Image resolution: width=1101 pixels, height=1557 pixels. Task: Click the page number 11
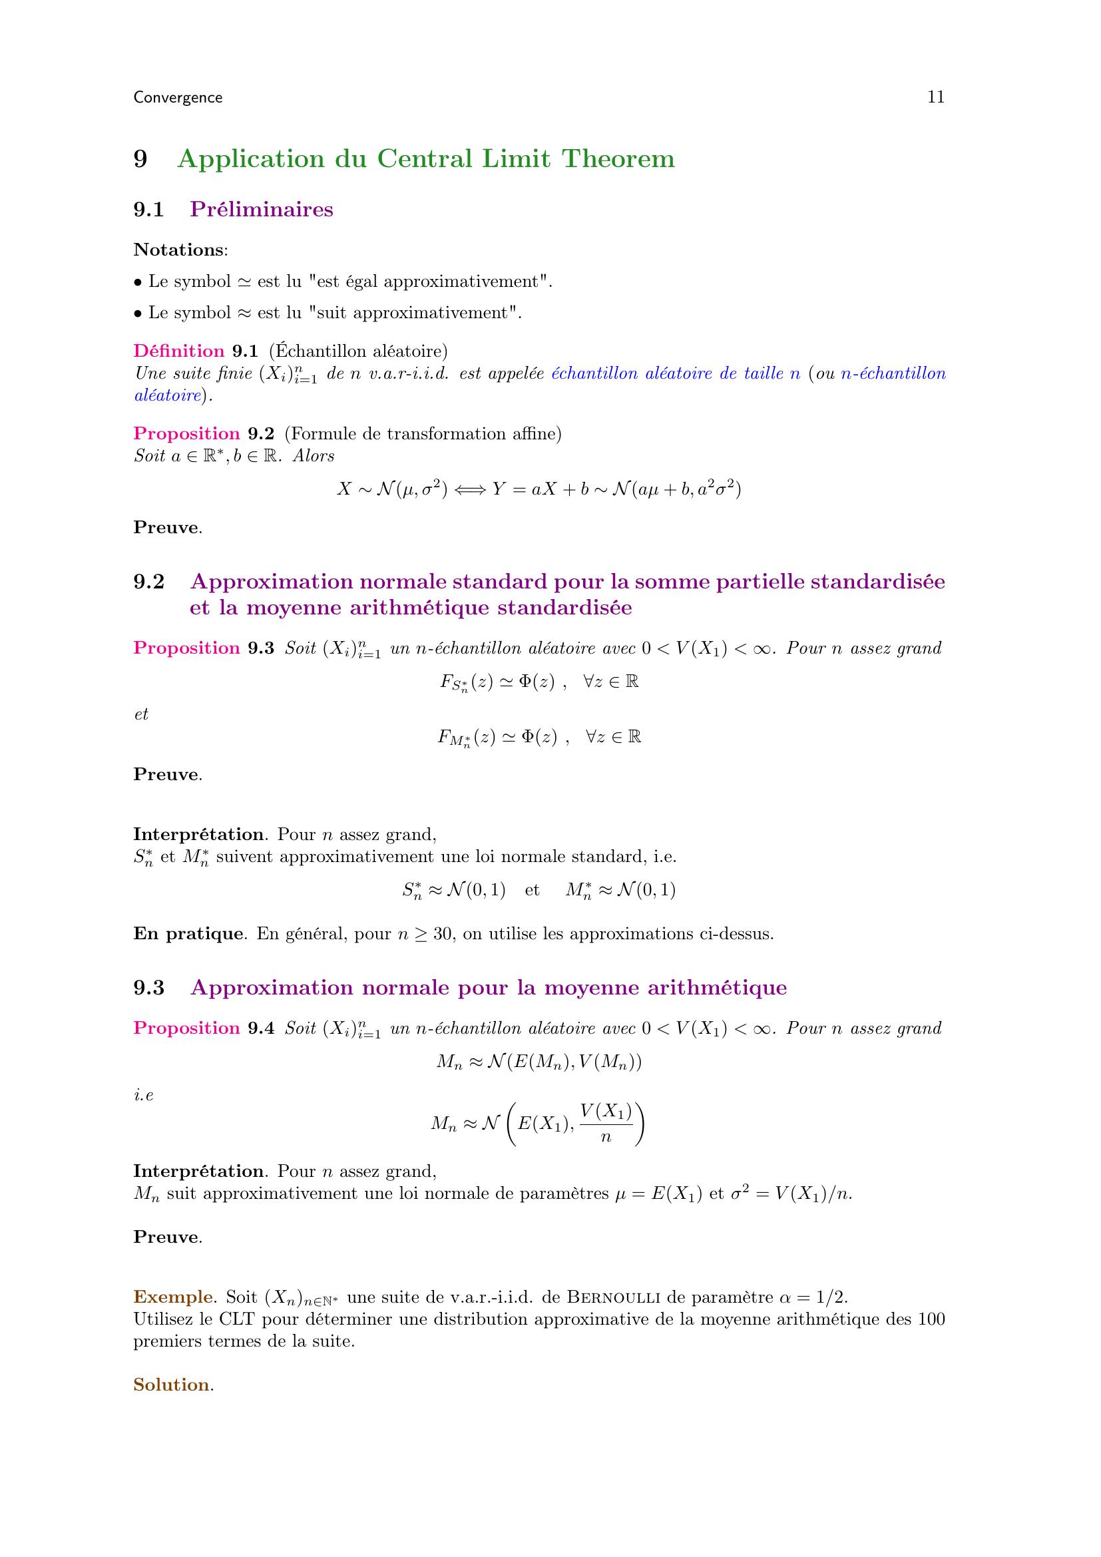click(935, 97)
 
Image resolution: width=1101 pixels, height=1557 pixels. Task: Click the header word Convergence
click(178, 98)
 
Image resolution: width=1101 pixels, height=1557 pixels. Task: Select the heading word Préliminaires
click(262, 210)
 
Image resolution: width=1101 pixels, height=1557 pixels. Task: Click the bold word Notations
click(178, 250)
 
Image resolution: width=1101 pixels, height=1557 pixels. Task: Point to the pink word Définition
click(179, 351)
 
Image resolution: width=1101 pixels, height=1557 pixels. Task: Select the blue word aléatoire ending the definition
click(168, 395)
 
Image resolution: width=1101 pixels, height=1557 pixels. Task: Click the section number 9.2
click(149, 582)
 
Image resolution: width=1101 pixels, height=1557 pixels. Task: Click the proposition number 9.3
click(261, 648)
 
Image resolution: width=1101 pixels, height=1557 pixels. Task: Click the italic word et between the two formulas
click(141, 714)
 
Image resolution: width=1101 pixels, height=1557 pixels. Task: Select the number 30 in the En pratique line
click(444, 934)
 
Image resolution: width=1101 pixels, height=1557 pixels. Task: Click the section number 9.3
click(149, 987)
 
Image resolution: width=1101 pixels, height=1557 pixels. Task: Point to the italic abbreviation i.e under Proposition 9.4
click(144, 1094)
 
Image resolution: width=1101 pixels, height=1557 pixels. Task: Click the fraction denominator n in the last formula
click(606, 1137)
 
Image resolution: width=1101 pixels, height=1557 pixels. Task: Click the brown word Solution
click(172, 1384)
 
